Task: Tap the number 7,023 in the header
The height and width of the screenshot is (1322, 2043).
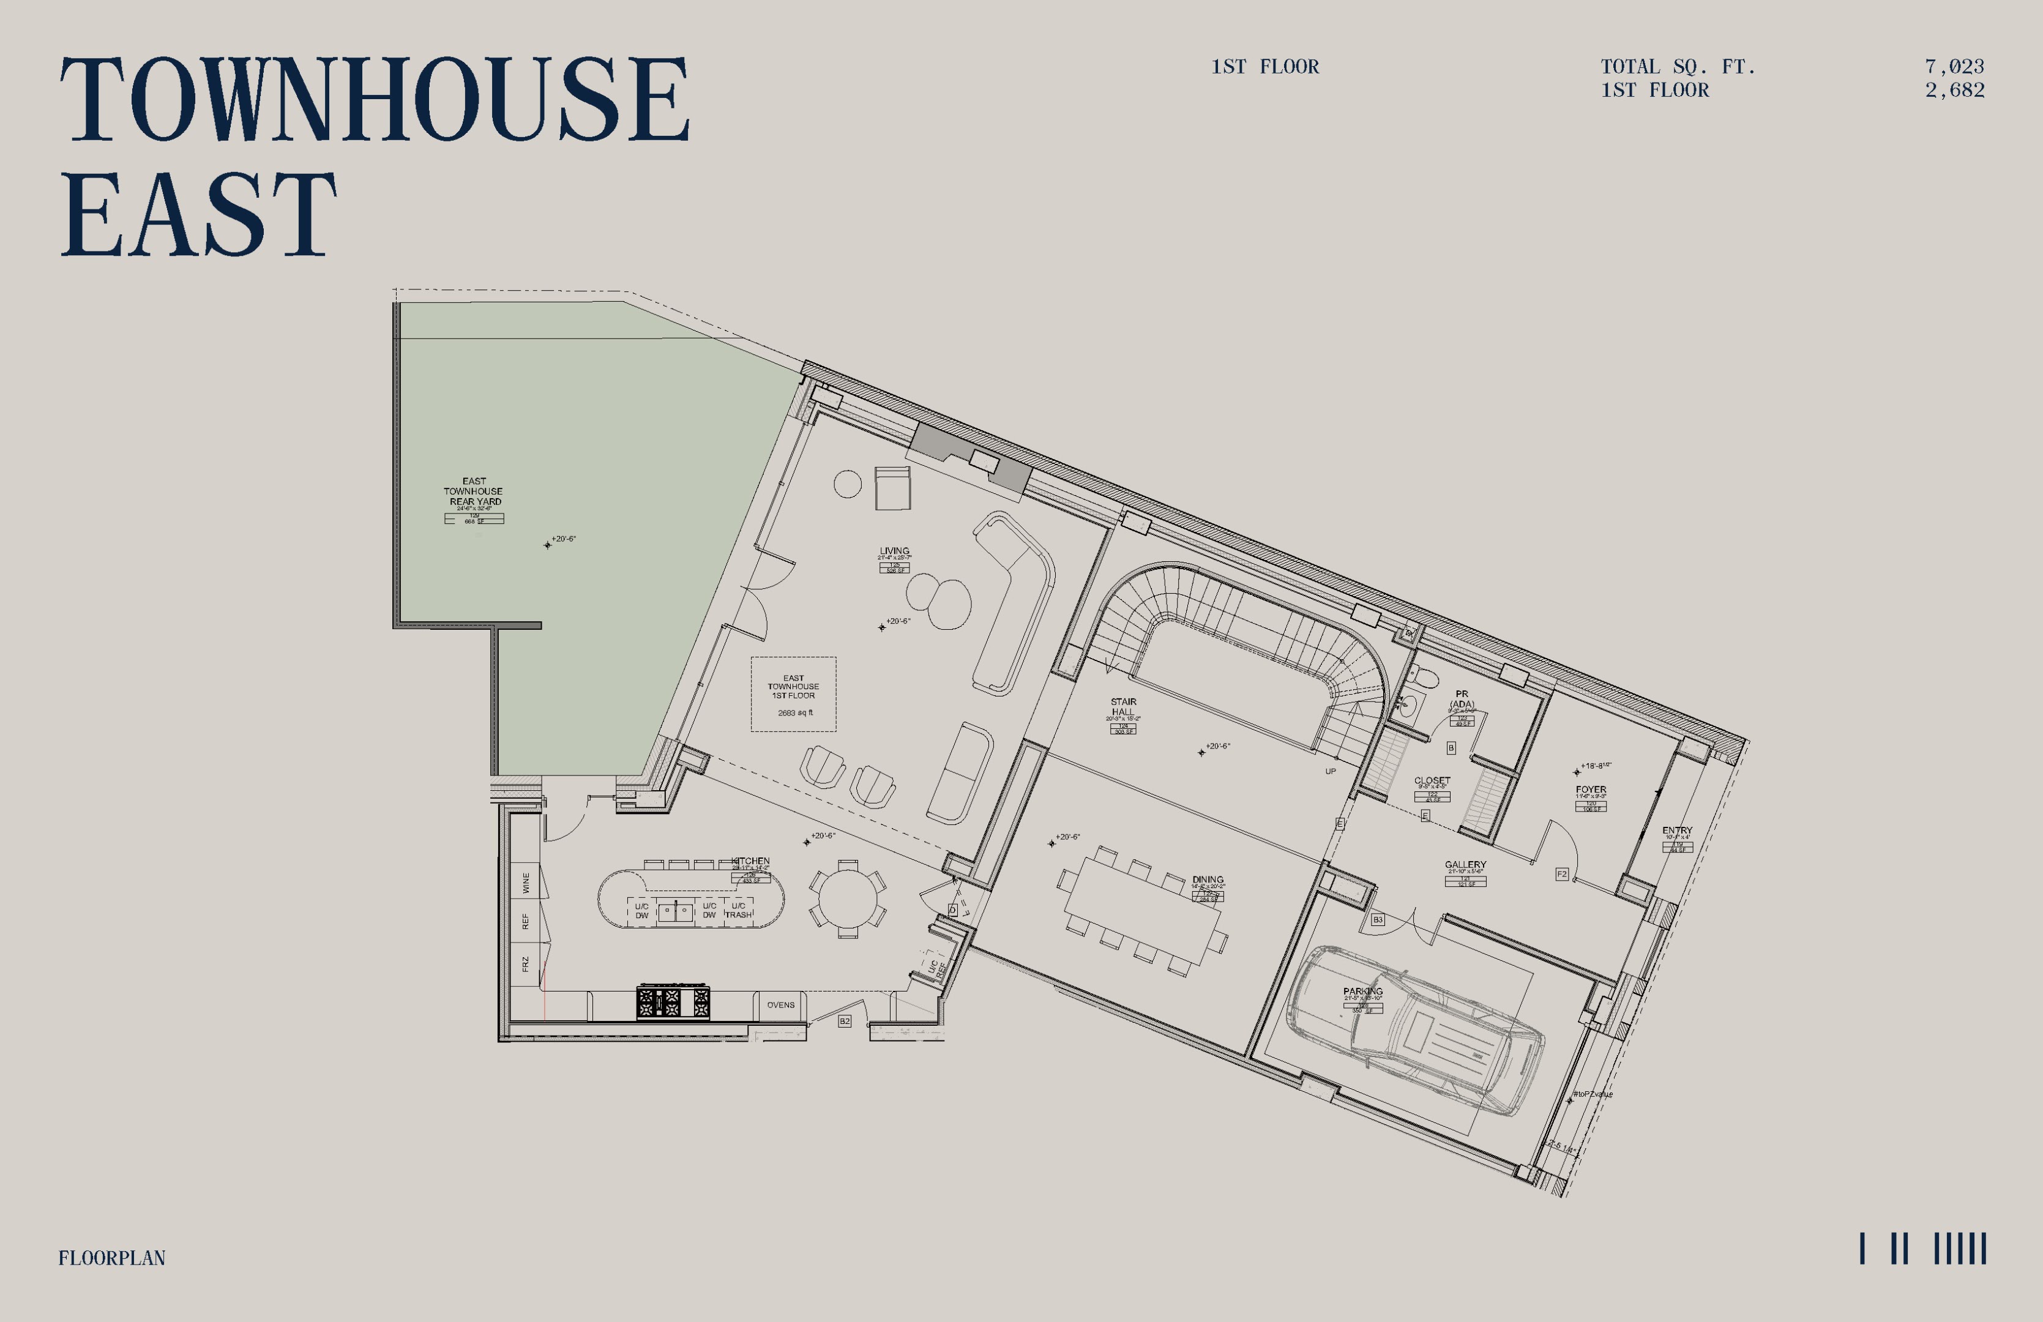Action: pyautogui.click(x=1954, y=67)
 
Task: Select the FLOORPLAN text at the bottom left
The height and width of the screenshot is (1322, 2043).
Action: pyautogui.click(x=111, y=1258)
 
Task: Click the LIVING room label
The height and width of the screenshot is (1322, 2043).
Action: pyautogui.click(x=894, y=551)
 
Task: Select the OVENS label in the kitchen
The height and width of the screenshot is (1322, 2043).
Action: pyautogui.click(x=780, y=1004)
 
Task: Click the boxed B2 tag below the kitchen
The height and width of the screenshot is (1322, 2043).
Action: pyautogui.click(x=845, y=1021)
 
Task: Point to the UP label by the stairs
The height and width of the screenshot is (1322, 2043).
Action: pyautogui.click(x=1330, y=771)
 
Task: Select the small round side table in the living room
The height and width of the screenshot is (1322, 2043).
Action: pyautogui.click(x=847, y=484)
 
